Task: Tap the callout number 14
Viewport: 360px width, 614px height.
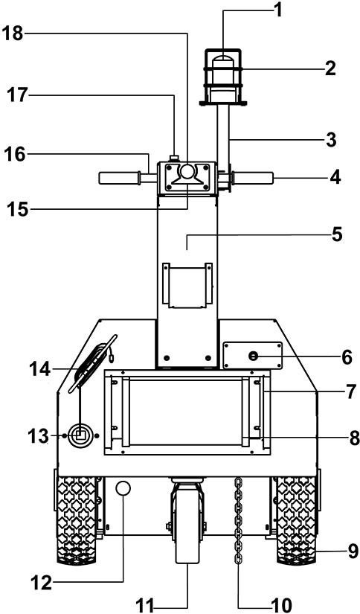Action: coord(40,368)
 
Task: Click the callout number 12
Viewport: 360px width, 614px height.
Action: coord(41,583)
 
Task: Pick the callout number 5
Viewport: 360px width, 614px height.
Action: coord(336,234)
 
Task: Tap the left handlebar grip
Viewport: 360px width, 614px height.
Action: coord(119,178)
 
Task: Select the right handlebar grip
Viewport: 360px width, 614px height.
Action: coord(253,178)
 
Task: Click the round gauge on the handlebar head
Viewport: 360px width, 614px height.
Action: coord(187,171)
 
